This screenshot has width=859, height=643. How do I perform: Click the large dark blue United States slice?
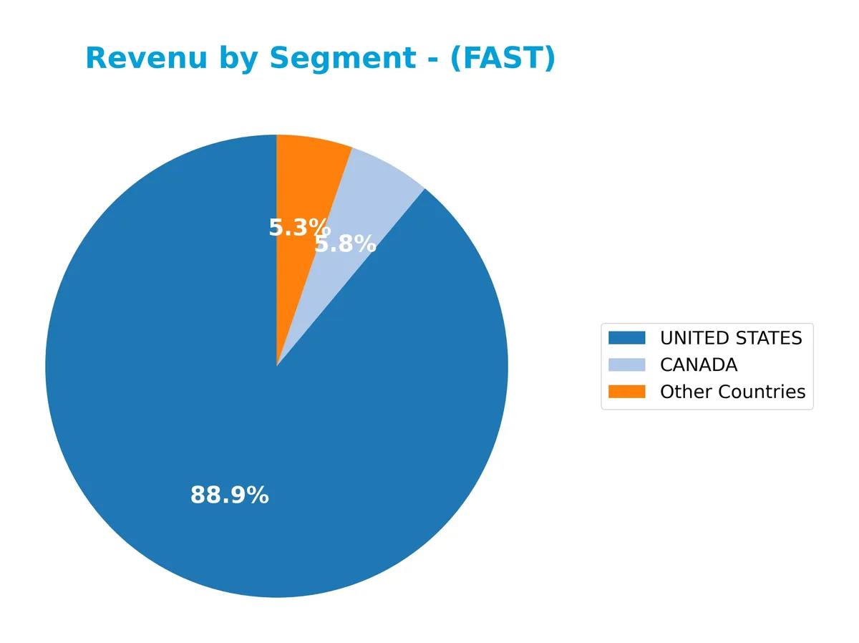point(215,401)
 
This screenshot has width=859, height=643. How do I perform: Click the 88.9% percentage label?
point(229,495)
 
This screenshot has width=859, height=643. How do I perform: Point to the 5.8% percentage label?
point(346,244)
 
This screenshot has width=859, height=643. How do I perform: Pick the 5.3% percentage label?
point(297,228)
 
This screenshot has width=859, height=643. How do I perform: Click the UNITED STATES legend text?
point(731,338)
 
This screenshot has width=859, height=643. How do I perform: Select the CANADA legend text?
point(698,365)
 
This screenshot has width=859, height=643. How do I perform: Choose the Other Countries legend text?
point(732,392)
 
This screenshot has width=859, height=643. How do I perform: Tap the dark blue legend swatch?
point(626,338)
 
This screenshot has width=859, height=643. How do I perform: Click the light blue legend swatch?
point(626,365)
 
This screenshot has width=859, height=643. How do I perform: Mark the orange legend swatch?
point(626,392)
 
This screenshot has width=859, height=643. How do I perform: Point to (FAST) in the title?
point(503,59)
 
